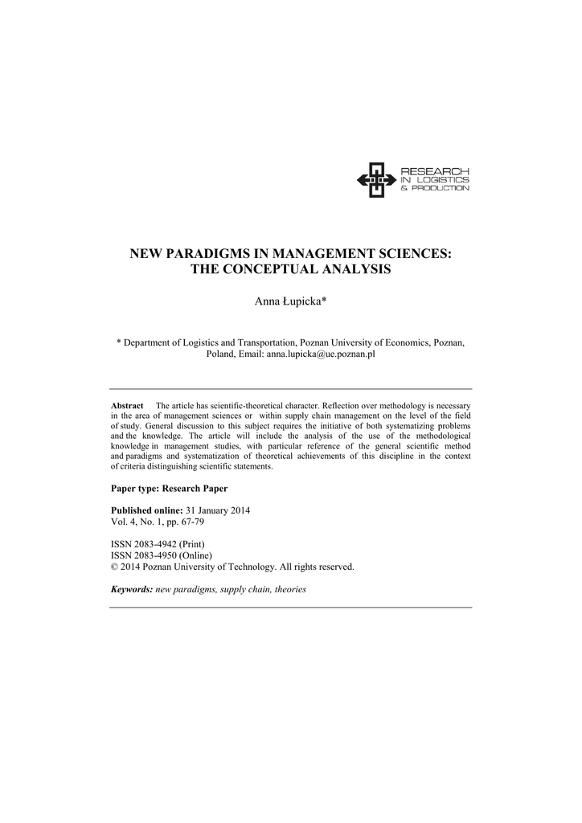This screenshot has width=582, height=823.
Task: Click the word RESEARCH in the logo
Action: pyautogui.click(x=434, y=170)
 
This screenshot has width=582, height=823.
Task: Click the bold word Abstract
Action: pyautogui.click(x=126, y=406)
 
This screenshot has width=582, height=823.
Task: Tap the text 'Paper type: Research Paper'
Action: pyautogui.click(x=169, y=489)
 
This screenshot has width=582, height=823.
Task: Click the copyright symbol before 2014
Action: pyautogui.click(x=113, y=567)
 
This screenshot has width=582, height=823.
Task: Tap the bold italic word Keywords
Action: pyautogui.click(x=131, y=589)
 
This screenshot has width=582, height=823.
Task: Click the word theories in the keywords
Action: pyautogui.click(x=290, y=589)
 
